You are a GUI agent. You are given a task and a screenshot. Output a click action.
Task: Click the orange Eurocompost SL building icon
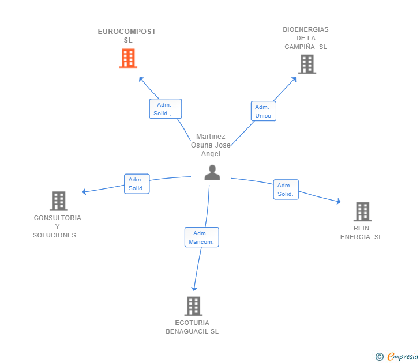(128, 58)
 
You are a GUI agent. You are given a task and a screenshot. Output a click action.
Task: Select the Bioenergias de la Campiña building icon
(307, 64)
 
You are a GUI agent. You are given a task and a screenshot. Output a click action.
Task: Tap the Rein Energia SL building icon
(362, 211)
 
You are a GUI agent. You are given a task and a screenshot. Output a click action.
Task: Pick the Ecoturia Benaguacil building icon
(193, 306)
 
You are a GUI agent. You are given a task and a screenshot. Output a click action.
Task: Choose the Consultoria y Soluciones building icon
(59, 201)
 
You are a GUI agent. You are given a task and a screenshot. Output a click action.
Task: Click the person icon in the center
(212, 172)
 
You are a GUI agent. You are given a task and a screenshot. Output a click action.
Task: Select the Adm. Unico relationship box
(263, 111)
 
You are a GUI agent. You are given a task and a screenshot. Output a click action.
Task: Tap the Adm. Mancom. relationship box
(202, 237)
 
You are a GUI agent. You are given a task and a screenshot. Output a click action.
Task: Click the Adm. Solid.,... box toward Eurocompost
(165, 108)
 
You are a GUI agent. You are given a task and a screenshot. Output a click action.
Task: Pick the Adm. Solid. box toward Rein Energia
(286, 190)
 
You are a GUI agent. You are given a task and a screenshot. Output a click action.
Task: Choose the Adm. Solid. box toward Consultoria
(137, 184)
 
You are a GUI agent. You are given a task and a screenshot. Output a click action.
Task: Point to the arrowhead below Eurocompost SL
(141, 79)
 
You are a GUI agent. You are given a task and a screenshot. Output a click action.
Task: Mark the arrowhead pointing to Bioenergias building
(294, 80)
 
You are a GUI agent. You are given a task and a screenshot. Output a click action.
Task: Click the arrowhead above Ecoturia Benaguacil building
(194, 289)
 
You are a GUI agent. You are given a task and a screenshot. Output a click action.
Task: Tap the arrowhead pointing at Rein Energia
(339, 202)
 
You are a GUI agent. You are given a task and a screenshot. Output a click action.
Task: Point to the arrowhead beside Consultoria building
(84, 191)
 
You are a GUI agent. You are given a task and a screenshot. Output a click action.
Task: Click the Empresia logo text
(403, 356)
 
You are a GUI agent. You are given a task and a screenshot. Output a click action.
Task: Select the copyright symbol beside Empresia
(379, 357)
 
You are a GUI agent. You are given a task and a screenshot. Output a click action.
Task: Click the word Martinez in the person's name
(211, 137)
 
